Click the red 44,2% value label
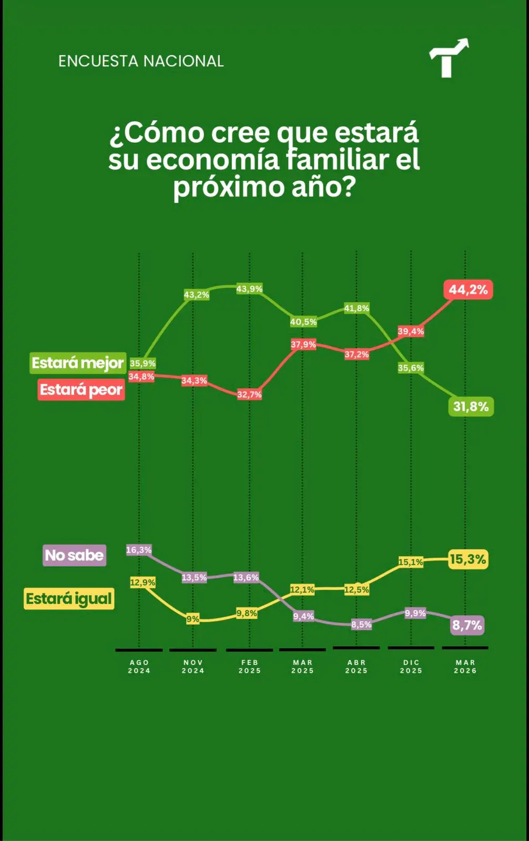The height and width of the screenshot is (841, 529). pyautogui.click(x=468, y=290)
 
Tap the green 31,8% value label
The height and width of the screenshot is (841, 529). pyautogui.click(x=471, y=406)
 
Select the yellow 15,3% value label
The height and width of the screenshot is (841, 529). pyautogui.click(x=467, y=559)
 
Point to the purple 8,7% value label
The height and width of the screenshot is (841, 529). pyautogui.click(x=467, y=625)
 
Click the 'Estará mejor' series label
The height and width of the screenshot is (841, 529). pyautogui.click(x=78, y=363)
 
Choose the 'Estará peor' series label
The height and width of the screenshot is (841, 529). pyautogui.click(x=81, y=390)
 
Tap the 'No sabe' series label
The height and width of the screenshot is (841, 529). pyautogui.click(x=74, y=555)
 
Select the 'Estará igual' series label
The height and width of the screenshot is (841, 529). pyautogui.click(x=69, y=599)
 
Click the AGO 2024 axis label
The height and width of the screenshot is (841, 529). pyautogui.click(x=139, y=666)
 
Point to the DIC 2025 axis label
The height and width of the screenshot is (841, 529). pyautogui.click(x=411, y=666)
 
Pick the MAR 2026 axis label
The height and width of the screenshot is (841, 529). pyautogui.click(x=465, y=666)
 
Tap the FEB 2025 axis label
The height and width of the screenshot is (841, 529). pyautogui.click(x=249, y=666)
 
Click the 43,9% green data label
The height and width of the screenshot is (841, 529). pyautogui.click(x=249, y=289)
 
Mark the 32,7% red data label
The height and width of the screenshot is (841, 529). pyautogui.click(x=249, y=394)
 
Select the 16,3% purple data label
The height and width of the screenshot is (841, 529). pyautogui.click(x=139, y=550)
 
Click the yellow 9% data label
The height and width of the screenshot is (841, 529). pyautogui.click(x=193, y=619)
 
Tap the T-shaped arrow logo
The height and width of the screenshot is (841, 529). pyautogui.click(x=448, y=58)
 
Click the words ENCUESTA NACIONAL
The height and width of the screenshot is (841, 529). pyautogui.click(x=141, y=61)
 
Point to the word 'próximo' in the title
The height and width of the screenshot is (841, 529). pyautogui.click(x=229, y=187)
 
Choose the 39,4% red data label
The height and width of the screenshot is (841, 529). pyautogui.click(x=411, y=331)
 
